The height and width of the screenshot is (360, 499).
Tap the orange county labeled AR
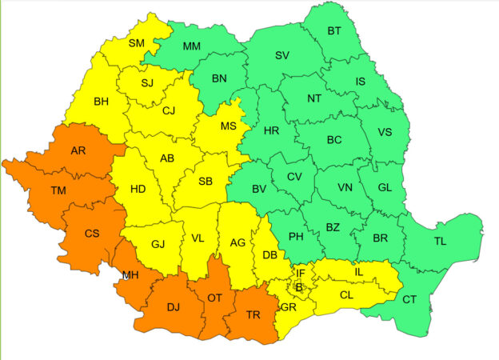pos(79,150)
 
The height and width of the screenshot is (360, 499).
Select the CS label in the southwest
pos(92,234)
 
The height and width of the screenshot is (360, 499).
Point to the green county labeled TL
pos(441,241)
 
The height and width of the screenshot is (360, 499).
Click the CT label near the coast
pos(409,299)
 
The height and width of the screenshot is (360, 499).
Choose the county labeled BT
pos(334,32)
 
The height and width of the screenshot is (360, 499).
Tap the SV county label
pos(281,55)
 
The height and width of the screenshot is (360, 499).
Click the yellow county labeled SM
pos(137,43)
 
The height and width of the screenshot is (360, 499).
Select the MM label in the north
pos(192,46)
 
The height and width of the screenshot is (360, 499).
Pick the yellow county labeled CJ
pos(168,111)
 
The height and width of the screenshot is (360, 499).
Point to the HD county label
pos(138,190)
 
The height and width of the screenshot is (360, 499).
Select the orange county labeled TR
pos(253,314)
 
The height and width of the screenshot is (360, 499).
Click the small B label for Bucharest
pos(299,287)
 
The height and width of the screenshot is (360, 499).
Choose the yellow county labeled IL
pos(358,273)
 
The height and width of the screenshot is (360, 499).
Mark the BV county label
pos(258,190)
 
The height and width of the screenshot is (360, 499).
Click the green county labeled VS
pos(385,133)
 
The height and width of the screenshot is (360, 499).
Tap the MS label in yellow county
pos(229,126)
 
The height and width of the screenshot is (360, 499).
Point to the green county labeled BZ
pos(333,228)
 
